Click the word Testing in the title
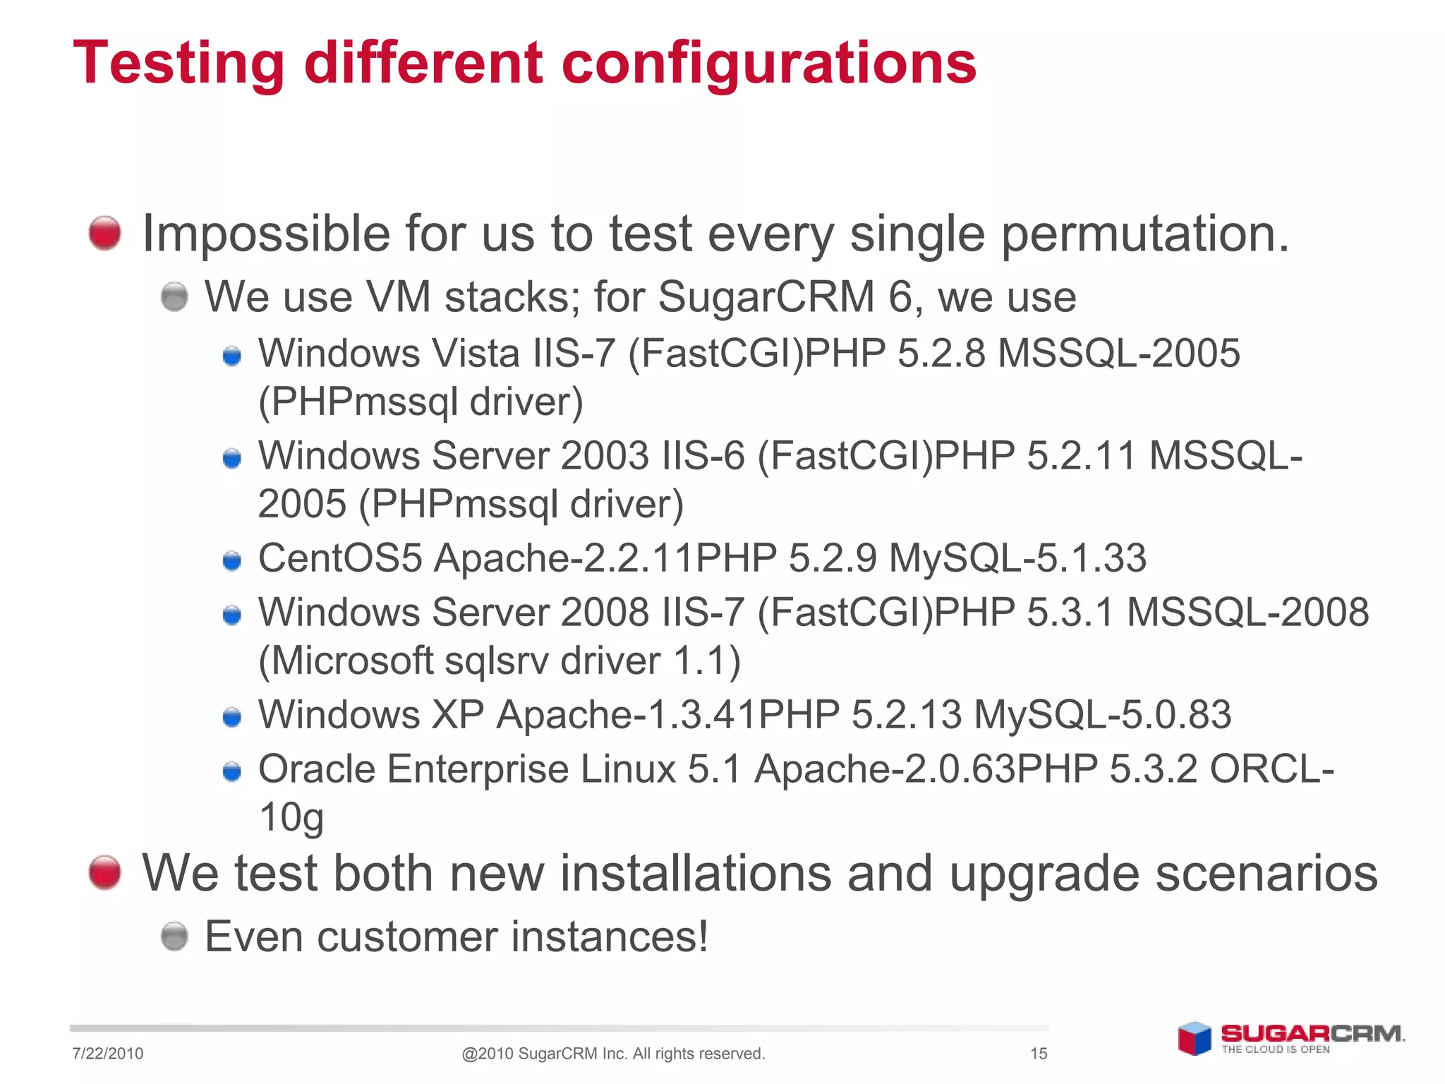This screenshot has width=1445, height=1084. click(x=179, y=64)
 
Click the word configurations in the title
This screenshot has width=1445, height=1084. click(x=768, y=64)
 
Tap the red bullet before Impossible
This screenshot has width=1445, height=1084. click(x=105, y=234)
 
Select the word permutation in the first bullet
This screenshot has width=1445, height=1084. click(x=1144, y=234)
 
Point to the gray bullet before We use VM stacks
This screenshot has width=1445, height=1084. click(x=174, y=296)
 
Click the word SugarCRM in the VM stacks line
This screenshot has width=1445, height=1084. click(x=766, y=296)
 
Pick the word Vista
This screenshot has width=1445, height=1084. click(x=476, y=353)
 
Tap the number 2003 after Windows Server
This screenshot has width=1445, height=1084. click(x=604, y=455)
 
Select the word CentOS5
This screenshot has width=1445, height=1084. click(x=340, y=558)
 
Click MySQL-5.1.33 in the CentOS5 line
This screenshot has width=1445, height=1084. click(x=1017, y=558)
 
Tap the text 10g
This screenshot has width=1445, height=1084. click(x=291, y=818)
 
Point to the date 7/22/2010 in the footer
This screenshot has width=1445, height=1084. click(x=108, y=1054)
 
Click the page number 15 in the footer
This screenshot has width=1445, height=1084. click(x=1039, y=1054)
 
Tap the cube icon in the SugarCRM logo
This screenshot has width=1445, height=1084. click(x=1195, y=1039)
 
